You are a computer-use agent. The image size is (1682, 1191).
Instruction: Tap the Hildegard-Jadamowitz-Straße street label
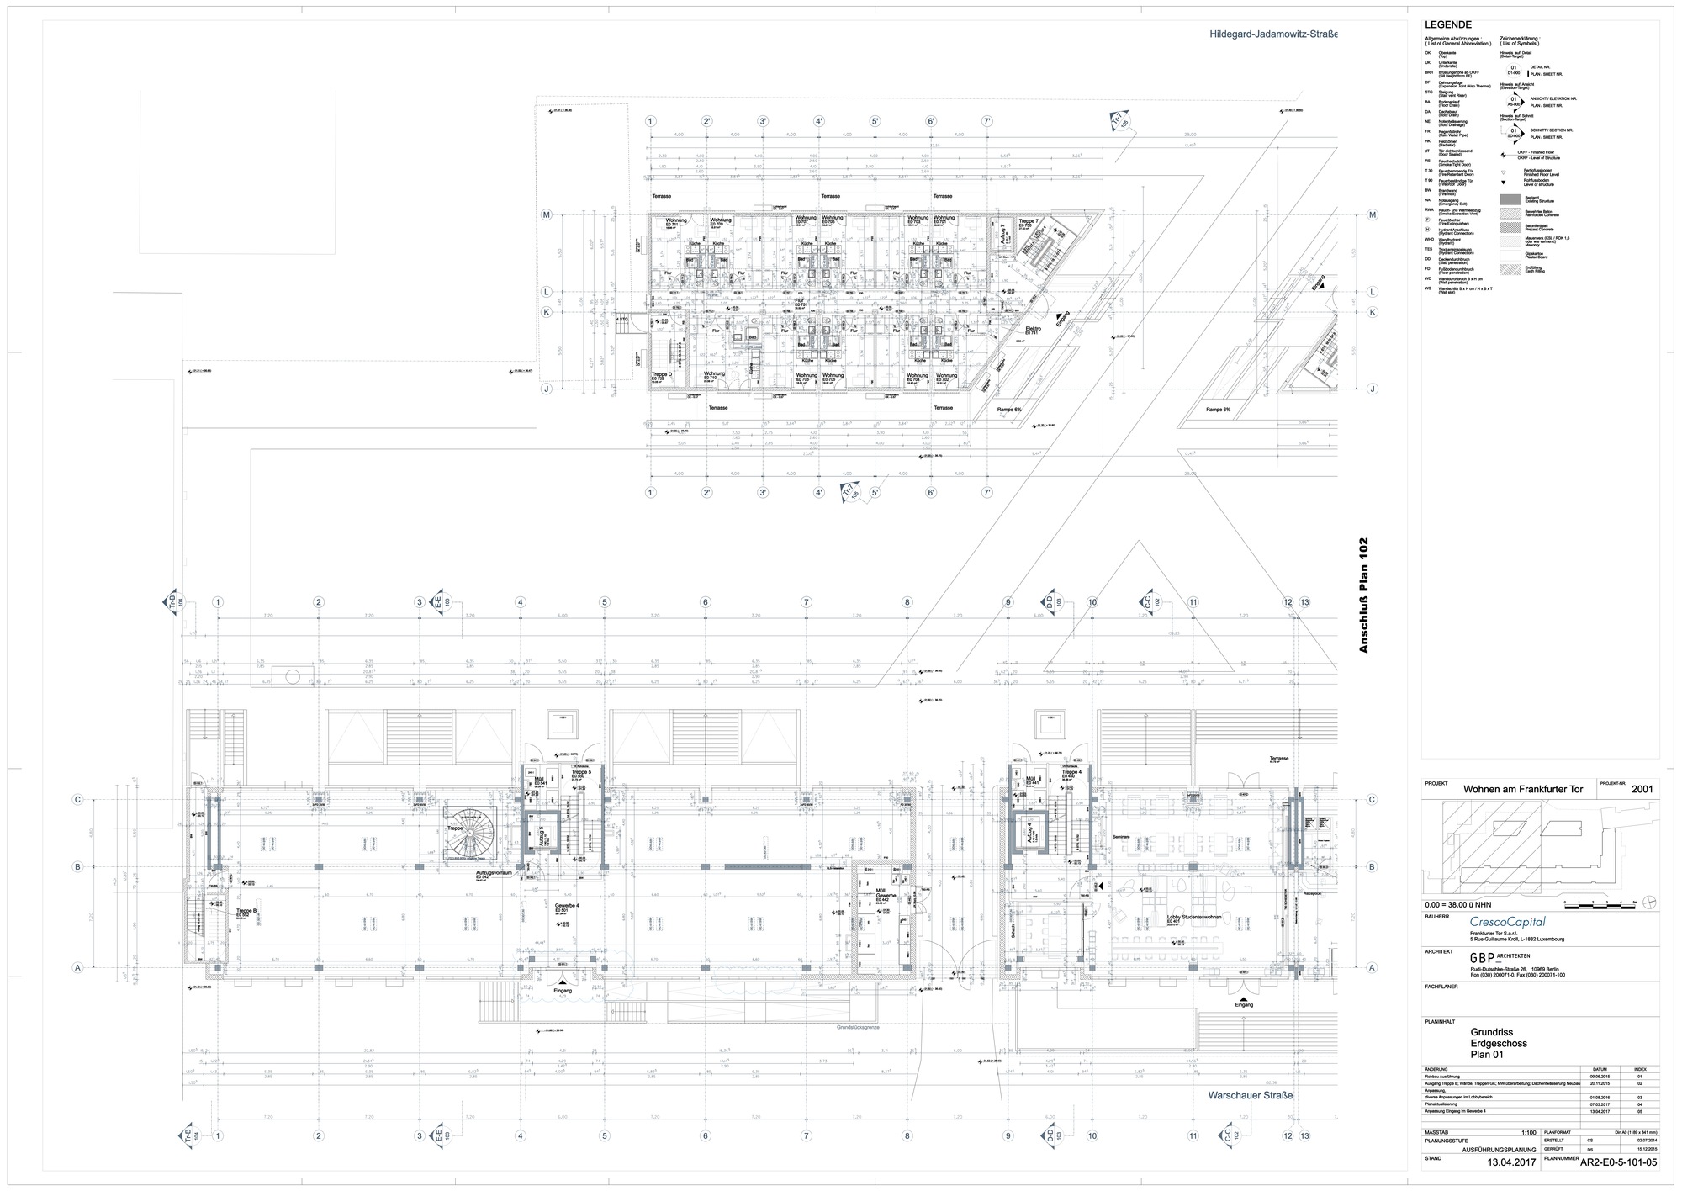point(1273,34)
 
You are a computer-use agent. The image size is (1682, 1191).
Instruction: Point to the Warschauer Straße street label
point(1250,1095)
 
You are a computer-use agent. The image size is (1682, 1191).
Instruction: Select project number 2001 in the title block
point(1642,790)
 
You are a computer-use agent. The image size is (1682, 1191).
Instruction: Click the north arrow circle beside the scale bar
point(1651,902)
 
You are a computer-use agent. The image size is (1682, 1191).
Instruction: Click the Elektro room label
point(1034,329)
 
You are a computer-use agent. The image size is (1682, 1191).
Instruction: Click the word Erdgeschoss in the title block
point(1499,1043)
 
